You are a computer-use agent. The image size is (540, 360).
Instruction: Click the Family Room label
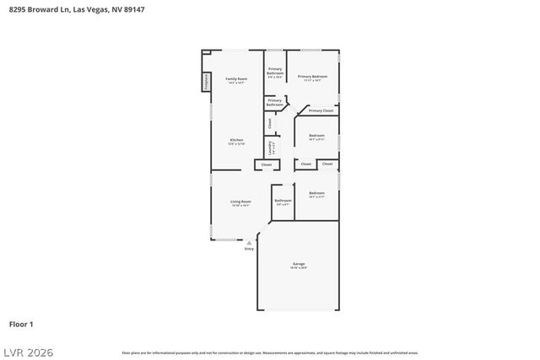(x=236, y=78)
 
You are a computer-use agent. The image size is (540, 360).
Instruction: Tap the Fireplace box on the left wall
(x=206, y=82)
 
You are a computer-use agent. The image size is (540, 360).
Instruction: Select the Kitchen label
(x=237, y=139)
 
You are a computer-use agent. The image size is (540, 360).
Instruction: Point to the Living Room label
(x=240, y=201)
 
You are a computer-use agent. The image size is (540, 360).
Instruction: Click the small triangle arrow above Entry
(x=249, y=243)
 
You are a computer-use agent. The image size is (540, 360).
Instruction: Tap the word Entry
(x=249, y=250)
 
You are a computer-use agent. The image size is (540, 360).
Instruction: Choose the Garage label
(x=299, y=264)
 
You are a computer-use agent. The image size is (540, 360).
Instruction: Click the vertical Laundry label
(x=270, y=147)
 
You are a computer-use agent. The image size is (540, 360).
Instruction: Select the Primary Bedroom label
(x=312, y=77)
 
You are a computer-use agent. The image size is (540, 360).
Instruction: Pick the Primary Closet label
(x=321, y=110)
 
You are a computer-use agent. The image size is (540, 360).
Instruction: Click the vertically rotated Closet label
(x=270, y=123)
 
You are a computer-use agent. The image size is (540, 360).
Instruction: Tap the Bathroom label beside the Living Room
(x=282, y=200)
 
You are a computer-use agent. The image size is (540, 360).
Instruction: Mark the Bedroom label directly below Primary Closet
(x=316, y=135)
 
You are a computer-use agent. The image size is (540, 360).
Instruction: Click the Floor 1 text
(x=21, y=324)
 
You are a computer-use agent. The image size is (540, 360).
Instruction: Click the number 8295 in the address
(x=17, y=10)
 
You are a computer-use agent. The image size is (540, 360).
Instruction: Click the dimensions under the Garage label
(x=299, y=268)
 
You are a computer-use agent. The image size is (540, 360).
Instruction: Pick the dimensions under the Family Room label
(x=236, y=83)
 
